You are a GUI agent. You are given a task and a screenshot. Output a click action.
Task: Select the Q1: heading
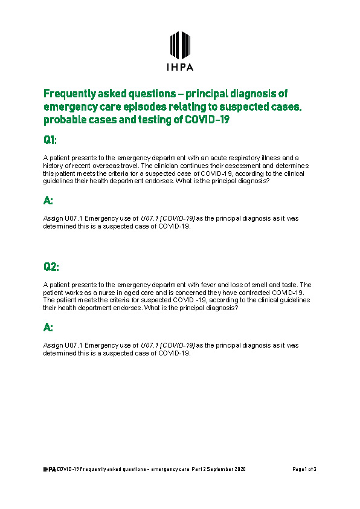(x=50, y=140)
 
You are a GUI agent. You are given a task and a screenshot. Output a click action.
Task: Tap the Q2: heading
(x=51, y=267)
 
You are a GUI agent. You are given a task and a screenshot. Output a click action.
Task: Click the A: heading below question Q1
(x=48, y=200)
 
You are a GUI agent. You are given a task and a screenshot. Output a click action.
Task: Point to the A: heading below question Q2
(x=48, y=327)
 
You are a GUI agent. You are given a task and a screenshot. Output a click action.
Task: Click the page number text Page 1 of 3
(x=304, y=469)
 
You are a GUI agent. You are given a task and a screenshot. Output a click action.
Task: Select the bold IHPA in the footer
(x=49, y=469)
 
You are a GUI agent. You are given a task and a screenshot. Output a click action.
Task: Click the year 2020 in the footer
(x=240, y=469)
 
